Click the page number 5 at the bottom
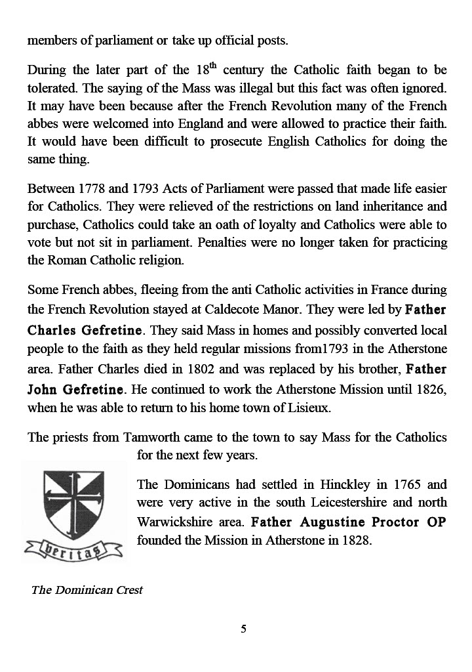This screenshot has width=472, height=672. pyautogui.click(x=244, y=629)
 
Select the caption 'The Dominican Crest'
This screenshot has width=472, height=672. pyautogui.click(x=87, y=589)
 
